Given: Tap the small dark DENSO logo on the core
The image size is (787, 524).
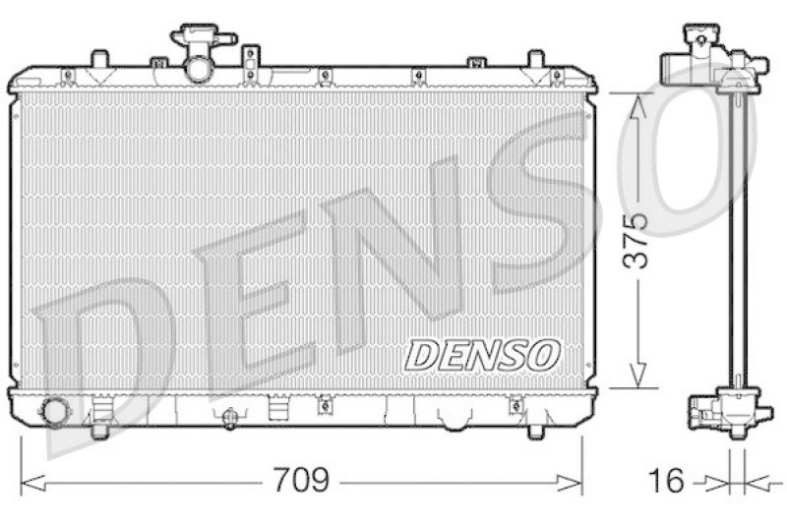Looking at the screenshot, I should (x=482, y=355).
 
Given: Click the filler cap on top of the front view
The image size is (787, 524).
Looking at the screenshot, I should (x=203, y=40).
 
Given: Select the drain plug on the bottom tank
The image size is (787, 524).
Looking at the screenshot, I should (x=230, y=419).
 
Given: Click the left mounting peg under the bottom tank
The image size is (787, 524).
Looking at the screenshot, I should (x=99, y=429).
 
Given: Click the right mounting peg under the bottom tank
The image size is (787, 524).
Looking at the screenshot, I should (x=536, y=429).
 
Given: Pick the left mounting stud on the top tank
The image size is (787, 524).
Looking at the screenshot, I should (x=98, y=59).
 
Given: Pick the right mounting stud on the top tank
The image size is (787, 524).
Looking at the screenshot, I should (x=535, y=59).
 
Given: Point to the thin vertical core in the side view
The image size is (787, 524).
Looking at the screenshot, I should (x=733, y=241).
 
